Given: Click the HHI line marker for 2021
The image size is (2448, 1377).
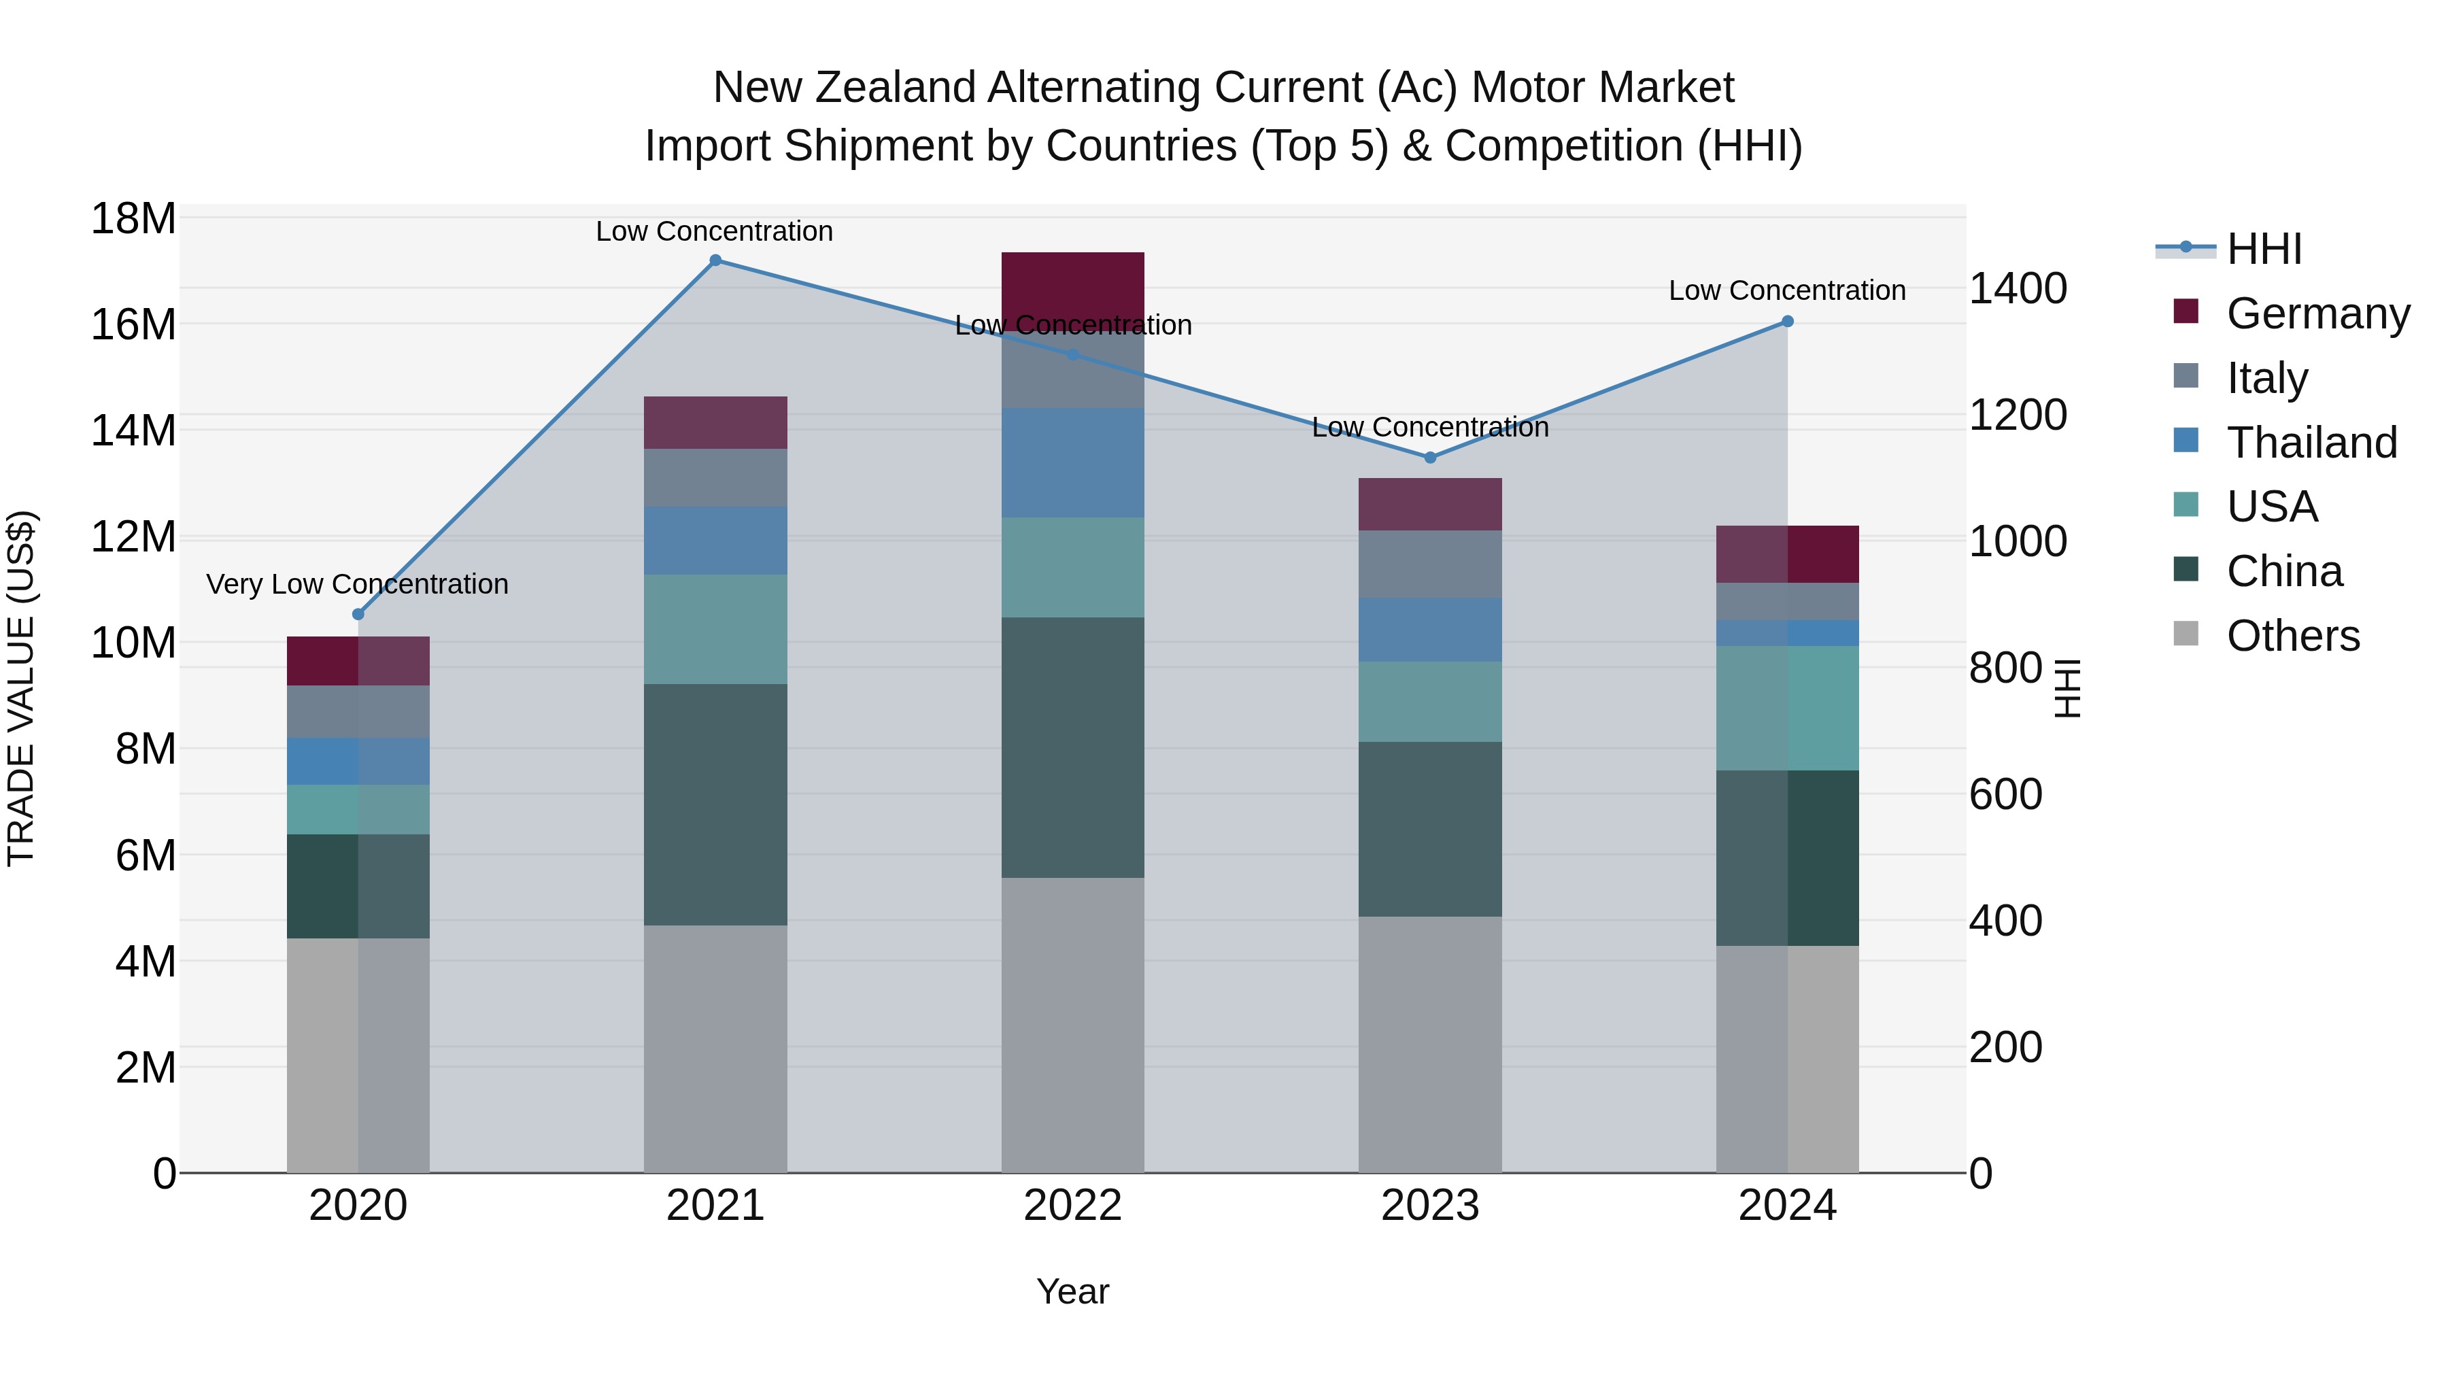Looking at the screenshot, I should tap(715, 260).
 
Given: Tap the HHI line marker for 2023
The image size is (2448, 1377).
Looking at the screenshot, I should tap(1430, 457).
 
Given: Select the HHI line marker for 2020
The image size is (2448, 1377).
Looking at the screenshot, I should tap(358, 614).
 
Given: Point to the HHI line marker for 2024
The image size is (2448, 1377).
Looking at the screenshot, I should tap(1788, 321).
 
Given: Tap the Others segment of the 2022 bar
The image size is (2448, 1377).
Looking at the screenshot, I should tap(1073, 1025).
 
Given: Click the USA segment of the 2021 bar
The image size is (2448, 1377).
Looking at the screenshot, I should tap(715, 628).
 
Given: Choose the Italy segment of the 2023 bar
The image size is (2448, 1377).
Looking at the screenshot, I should tap(1430, 564).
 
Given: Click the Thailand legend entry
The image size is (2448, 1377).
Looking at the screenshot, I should tap(2311, 443).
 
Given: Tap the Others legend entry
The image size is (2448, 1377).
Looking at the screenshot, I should tap(2292, 636).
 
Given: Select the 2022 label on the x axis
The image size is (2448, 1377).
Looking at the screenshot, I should tap(1073, 1206).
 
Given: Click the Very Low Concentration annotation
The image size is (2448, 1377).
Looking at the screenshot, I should tap(357, 583).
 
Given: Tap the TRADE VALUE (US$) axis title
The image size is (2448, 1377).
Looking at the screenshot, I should tap(22, 688).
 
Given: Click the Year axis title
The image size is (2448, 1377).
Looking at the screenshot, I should tap(1073, 1291).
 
